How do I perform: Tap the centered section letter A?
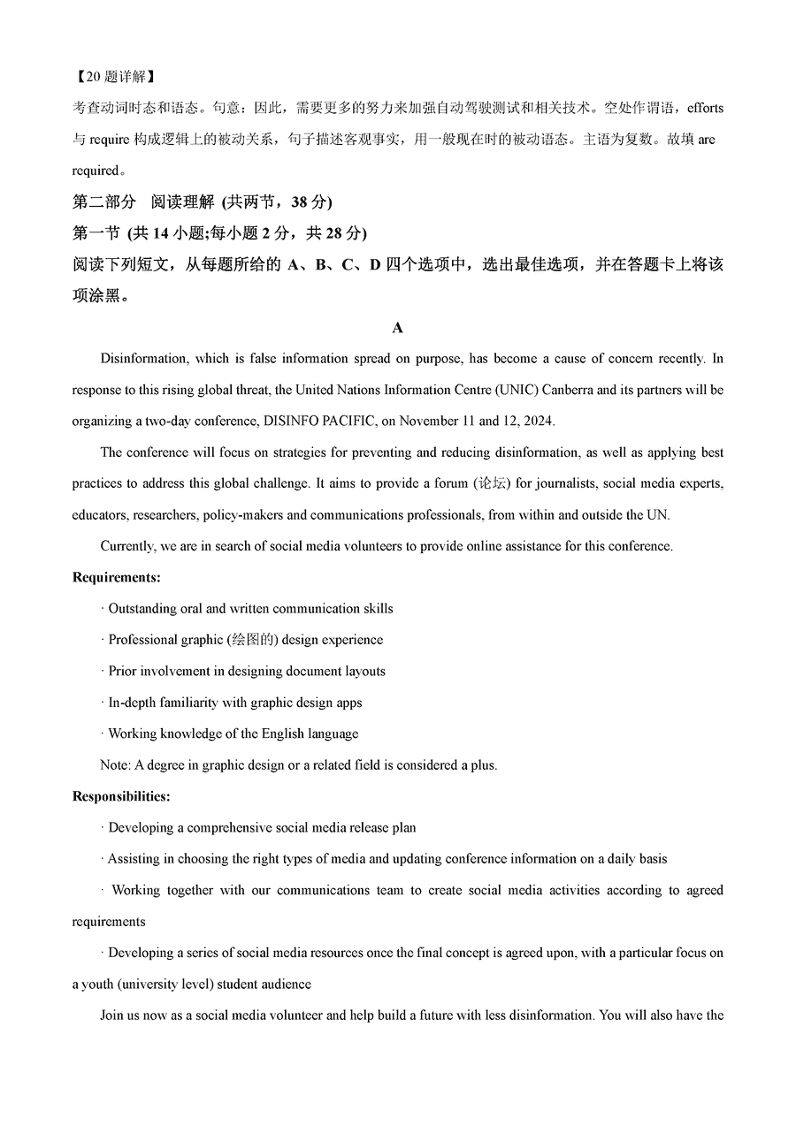(x=397, y=328)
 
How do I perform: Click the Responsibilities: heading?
(x=121, y=796)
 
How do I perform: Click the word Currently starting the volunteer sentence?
(x=127, y=546)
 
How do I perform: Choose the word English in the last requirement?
(x=262, y=734)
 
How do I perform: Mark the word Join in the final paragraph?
(x=112, y=1015)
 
